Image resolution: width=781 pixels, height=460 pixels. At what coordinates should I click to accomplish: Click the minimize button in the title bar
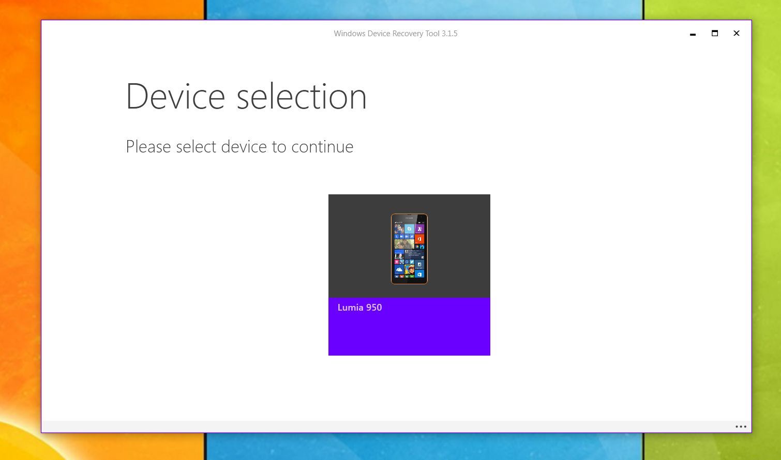pos(693,34)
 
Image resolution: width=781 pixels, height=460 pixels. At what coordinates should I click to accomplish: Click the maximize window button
pos(715,33)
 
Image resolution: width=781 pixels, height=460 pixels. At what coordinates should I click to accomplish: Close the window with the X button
pos(737,33)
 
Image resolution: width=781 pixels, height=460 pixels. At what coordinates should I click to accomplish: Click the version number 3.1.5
pos(449,34)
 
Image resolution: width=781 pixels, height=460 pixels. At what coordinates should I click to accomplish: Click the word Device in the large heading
pos(175,97)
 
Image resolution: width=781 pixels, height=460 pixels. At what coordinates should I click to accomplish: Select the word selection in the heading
pos(302,97)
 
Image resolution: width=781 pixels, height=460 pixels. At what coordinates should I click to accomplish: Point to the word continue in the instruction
pos(322,147)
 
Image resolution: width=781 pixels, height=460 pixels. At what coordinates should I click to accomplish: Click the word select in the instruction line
pos(196,147)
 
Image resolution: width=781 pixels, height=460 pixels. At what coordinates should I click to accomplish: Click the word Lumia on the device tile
pos(350,308)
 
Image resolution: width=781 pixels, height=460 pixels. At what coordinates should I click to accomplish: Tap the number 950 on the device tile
pos(373,308)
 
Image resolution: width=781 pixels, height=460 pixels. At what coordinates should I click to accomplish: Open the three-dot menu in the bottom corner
pos(741,426)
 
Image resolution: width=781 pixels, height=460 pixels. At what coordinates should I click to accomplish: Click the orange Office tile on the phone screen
pos(419,239)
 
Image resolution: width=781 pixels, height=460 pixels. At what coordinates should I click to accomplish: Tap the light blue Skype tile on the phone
pos(409,229)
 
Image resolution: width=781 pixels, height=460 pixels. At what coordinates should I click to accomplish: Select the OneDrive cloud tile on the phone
pos(399,269)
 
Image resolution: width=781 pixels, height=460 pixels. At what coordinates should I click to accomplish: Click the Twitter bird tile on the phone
pos(412,262)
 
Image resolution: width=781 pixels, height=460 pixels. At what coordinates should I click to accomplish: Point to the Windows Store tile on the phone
pos(419,274)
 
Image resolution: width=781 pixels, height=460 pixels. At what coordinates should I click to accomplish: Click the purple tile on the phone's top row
pos(419,229)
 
